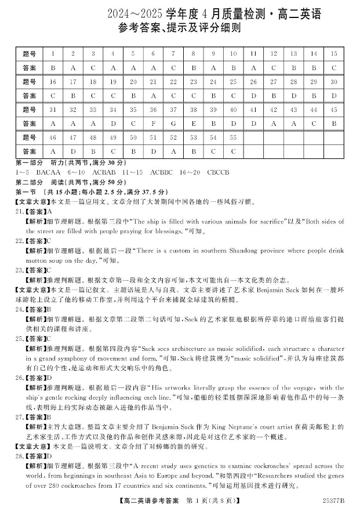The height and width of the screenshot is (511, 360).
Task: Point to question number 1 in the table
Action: click(x=53, y=53)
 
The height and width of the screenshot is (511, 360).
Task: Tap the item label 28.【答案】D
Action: click(x=34, y=456)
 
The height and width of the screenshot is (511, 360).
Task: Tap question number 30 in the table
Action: click(x=333, y=81)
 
